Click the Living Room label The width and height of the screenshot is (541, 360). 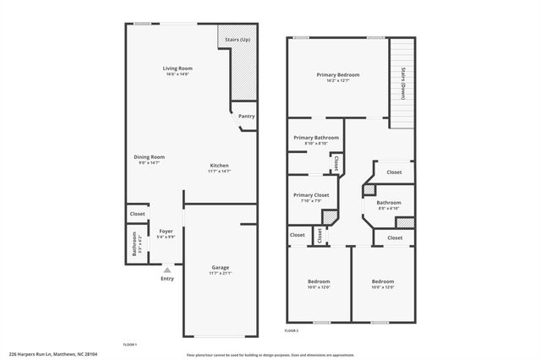point(178,68)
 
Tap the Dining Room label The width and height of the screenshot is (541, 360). point(149,156)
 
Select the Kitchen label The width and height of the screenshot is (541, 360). point(219,165)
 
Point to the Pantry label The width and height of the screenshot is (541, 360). point(246,117)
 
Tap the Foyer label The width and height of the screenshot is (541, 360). point(166,231)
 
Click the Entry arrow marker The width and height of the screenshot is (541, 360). point(167,270)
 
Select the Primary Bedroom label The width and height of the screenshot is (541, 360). point(338,75)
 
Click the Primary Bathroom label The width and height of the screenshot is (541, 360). point(316,138)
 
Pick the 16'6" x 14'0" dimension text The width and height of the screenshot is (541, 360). point(178,75)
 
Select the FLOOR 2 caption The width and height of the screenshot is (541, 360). point(292,330)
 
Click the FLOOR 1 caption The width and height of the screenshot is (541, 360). point(129,345)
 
